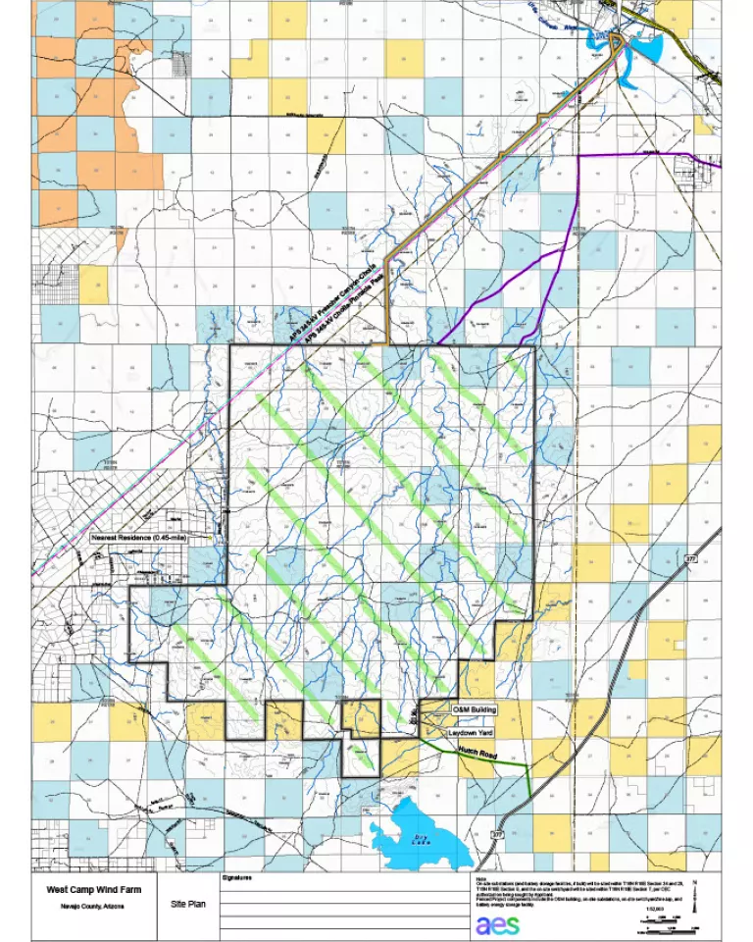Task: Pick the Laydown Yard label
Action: [470, 733]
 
